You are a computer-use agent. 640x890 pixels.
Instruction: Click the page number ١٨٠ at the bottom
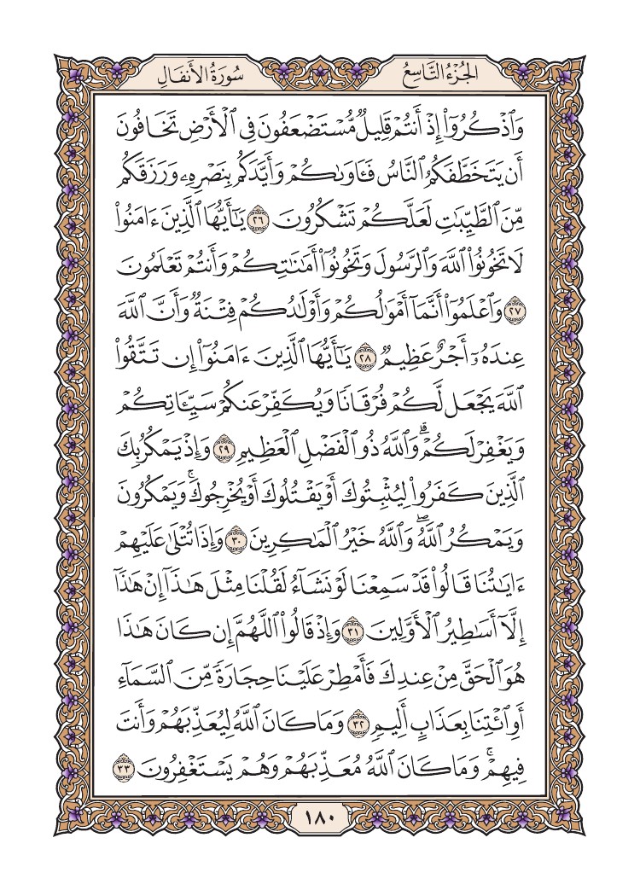pyautogui.click(x=319, y=821)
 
